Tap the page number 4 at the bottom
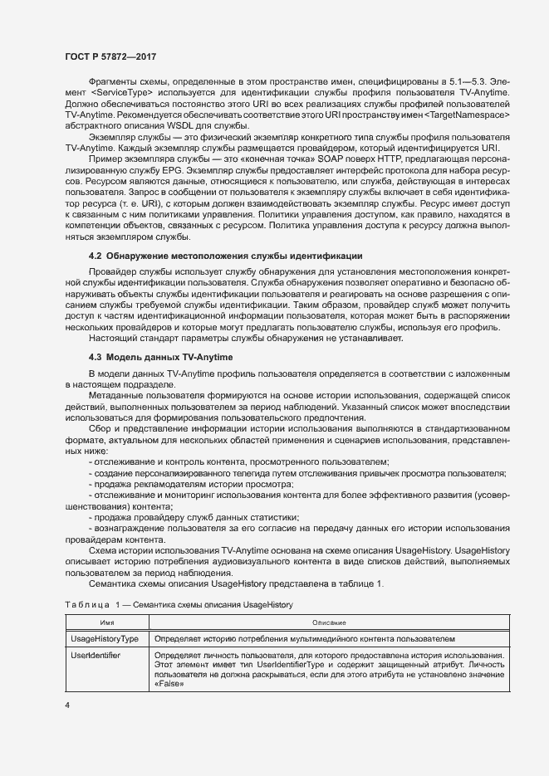[67, 705]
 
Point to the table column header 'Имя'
[106, 622]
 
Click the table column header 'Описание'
[329, 622]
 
